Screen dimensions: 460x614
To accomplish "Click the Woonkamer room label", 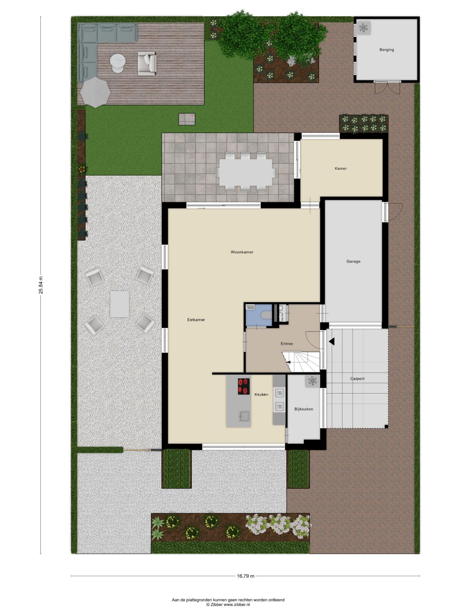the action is (x=242, y=252).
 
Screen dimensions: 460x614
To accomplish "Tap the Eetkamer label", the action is (x=196, y=320).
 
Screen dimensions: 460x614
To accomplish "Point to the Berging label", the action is (x=387, y=50).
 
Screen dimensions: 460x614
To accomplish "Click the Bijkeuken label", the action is (x=304, y=409).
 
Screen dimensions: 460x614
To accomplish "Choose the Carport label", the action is (x=357, y=379).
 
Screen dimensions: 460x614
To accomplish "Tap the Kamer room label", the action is (x=341, y=168).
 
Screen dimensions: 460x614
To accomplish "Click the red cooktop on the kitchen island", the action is (x=244, y=386).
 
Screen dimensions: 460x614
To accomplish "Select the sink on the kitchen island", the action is (x=245, y=416).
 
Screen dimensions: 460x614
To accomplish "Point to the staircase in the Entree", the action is (x=301, y=362).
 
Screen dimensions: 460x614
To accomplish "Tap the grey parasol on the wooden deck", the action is (x=95, y=92).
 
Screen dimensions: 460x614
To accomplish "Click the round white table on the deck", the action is (x=118, y=63).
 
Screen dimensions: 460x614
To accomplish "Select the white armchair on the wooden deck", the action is (x=147, y=64).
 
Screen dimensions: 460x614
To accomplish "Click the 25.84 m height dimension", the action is (x=41, y=285).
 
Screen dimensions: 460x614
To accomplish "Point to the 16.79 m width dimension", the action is (x=245, y=576).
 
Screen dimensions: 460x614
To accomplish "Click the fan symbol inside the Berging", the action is (x=363, y=28).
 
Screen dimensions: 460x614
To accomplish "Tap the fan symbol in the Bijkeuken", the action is (x=312, y=381).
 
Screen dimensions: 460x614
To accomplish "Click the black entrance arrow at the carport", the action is (x=332, y=342).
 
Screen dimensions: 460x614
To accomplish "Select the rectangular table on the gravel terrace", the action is (x=120, y=304).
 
